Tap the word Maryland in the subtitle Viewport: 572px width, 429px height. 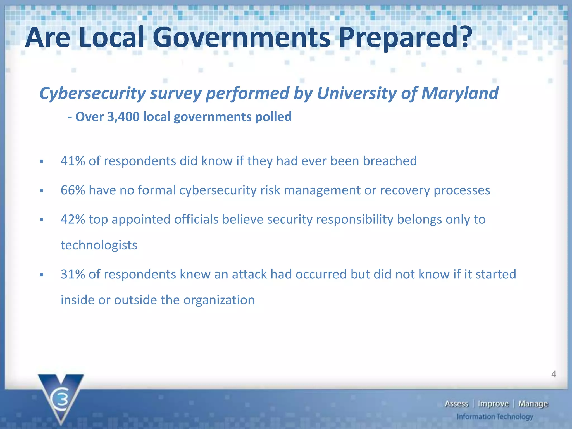[460, 93]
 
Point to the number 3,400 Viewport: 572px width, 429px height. [123, 116]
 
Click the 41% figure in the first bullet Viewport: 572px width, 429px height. [73, 161]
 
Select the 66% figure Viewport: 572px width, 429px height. [73, 190]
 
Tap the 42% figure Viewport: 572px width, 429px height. [73, 219]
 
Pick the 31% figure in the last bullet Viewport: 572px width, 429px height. [73, 274]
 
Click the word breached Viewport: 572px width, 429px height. [390, 161]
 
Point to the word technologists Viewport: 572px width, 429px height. [99, 245]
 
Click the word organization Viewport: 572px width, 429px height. [219, 300]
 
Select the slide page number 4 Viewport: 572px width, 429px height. [554, 374]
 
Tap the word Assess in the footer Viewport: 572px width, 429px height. [456, 404]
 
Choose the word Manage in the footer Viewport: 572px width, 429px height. [533, 404]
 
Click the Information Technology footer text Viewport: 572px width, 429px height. [495, 417]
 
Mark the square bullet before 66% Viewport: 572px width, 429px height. [42, 191]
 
